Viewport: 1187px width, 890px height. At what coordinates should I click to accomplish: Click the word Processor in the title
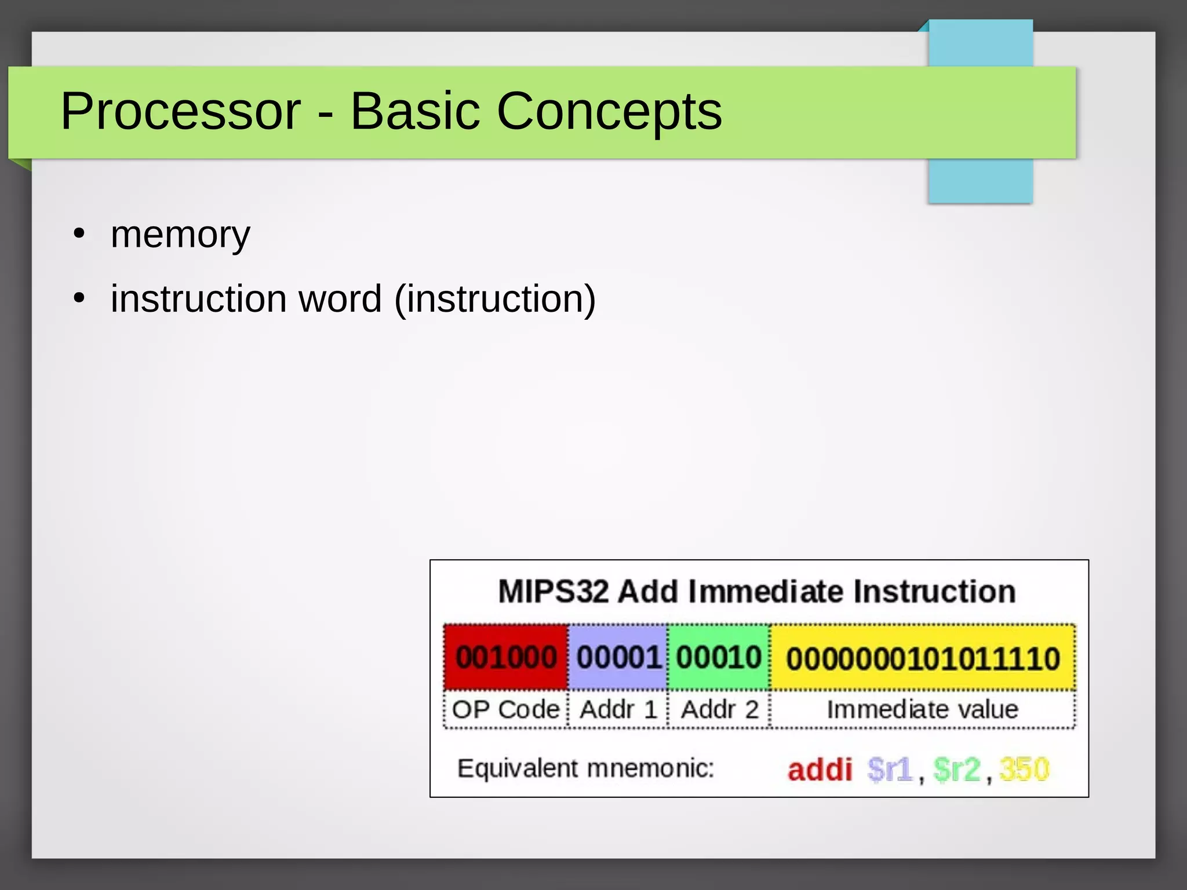(x=180, y=111)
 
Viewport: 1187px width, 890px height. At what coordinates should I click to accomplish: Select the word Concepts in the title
(x=609, y=111)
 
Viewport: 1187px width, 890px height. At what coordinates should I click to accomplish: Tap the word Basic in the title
(x=415, y=111)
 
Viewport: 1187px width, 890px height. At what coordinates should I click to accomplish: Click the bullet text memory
(x=180, y=235)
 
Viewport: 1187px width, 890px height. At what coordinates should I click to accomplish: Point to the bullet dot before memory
(x=79, y=235)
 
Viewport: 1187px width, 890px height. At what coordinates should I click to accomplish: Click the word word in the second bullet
(x=340, y=299)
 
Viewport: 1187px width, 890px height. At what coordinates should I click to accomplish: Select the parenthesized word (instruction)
(x=494, y=299)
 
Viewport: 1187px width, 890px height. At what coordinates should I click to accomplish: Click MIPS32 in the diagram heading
(x=553, y=592)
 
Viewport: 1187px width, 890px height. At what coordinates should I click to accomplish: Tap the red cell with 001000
(x=505, y=658)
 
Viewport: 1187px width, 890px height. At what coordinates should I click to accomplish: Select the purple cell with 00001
(x=618, y=658)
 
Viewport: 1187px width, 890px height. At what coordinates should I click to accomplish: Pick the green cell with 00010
(x=719, y=658)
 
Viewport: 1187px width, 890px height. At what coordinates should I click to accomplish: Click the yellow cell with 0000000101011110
(x=923, y=659)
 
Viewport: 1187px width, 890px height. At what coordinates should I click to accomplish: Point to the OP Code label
(x=505, y=710)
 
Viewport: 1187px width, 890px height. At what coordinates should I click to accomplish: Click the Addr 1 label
(x=618, y=710)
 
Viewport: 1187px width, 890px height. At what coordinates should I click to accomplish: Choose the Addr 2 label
(x=719, y=710)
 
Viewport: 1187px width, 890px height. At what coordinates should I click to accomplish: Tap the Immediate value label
(x=922, y=710)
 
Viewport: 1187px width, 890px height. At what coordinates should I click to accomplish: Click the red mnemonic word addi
(x=820, y=770)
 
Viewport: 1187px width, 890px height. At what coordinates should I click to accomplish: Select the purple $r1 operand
(x=890, y=770)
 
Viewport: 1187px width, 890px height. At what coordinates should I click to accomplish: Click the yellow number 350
(x=1024, y=770)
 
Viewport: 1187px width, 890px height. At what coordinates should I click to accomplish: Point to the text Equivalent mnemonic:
(x=585, y=769)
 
